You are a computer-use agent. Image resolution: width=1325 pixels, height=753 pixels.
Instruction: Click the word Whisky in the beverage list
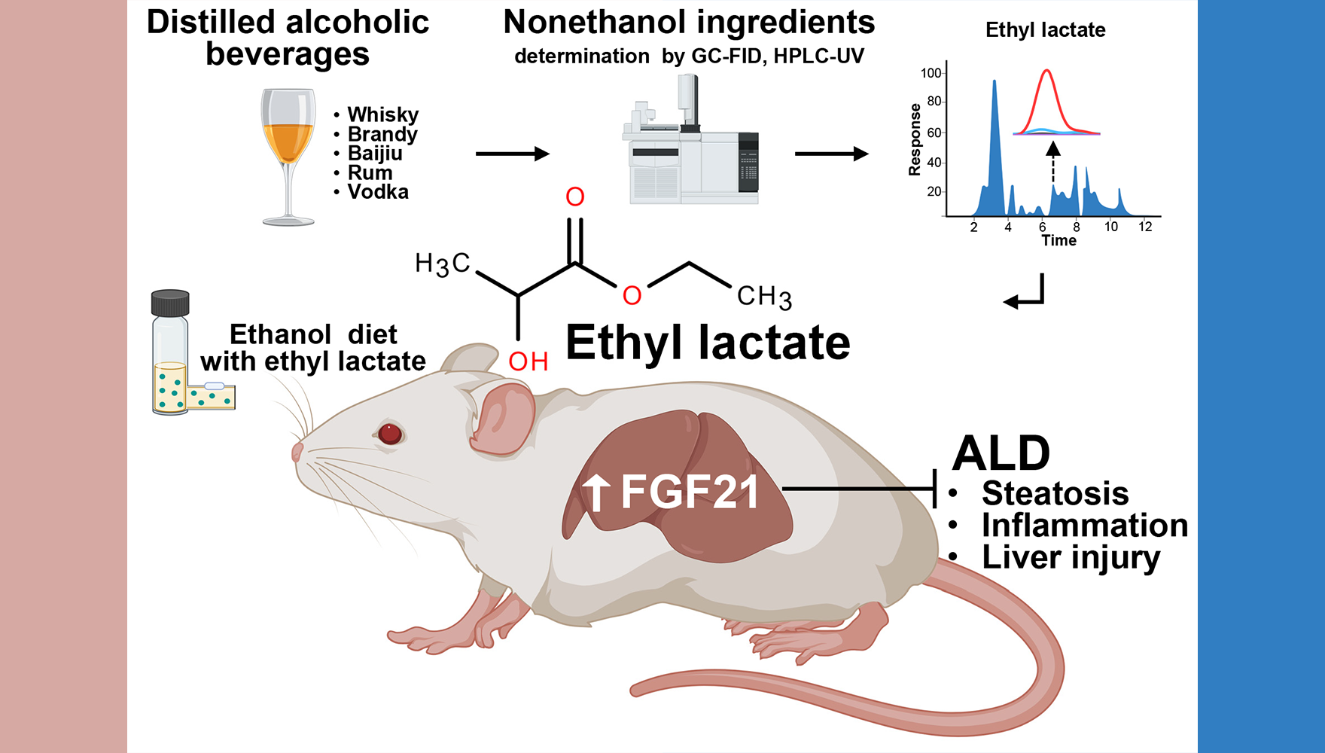(x=382, y=114)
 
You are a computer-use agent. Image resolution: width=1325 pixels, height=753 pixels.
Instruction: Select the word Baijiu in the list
(x=374, y=154)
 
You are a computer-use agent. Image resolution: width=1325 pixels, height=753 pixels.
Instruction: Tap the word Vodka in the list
(x=377, y=192)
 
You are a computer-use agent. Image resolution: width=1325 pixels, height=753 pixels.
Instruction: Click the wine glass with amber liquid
(x=288, y=154)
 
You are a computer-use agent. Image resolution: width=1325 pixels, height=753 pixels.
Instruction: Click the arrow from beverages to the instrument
(x=512, y=154)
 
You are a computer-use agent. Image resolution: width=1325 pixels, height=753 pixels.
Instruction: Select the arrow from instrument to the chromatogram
(x=831, y=154)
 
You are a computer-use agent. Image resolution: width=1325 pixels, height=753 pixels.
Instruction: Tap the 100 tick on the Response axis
(x=931, y=73)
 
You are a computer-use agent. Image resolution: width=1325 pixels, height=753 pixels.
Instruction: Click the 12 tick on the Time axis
(x=1145, y=227)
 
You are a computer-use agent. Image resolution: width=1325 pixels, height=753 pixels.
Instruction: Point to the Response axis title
(x=915, y=139)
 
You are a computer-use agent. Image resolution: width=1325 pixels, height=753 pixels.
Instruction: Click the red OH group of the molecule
(x=528, y=361)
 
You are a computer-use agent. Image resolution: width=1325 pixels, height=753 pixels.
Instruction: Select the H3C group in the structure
(x=443, y=264)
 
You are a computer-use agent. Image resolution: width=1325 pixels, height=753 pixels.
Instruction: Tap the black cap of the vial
(x=170, y=303)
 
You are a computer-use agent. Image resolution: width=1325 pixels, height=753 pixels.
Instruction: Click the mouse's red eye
(x=389, y=433)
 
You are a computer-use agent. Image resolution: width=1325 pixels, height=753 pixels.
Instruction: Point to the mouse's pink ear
(x=503, y=419)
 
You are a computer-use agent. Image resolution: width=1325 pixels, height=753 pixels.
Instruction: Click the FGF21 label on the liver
(x=688, y=492)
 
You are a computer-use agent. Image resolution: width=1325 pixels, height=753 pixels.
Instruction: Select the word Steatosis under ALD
(x=1055, y=494)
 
